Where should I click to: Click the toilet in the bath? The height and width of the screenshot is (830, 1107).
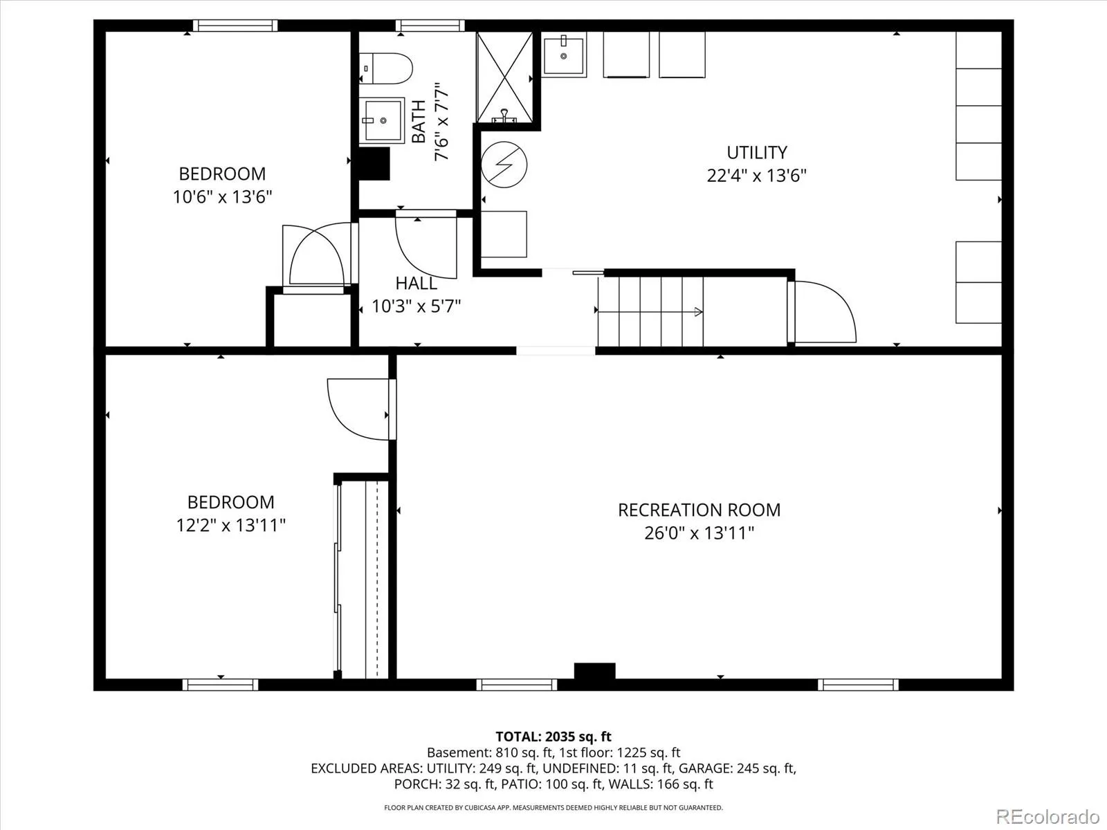click(x=386, y=68)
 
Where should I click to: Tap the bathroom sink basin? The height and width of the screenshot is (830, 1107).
click(x=382, y=120)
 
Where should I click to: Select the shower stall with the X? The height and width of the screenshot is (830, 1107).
click(x=504, y=77)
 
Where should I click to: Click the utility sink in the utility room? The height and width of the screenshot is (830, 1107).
click(x=564, y=55)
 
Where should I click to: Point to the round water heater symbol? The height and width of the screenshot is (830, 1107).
click(x=504, y=165)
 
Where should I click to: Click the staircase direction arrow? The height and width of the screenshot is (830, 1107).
click(x=650, y=312)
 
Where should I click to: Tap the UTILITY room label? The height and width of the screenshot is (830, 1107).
click(x=756, y=153)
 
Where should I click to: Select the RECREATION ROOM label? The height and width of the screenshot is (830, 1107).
click(x=699, y=510)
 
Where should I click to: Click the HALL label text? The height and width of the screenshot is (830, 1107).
click(x=416, y=283)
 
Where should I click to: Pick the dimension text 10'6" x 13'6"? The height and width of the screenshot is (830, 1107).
click(x=222, y=196)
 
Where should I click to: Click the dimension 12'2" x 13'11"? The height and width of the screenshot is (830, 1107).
click(x=230, y=525)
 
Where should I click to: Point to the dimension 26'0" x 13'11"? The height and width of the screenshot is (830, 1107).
click(x=699, y=533)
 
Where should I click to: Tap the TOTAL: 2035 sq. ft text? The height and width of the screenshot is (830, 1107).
click(x=553, y=737)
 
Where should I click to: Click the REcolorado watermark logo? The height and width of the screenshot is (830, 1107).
click(x=1047, y=816)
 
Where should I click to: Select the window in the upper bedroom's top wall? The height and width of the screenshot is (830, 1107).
click(x=235, y=26)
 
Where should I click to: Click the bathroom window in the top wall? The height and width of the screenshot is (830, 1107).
click(x=430, y=26)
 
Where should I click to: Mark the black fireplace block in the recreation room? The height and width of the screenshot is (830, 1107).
click(x=594, y=671)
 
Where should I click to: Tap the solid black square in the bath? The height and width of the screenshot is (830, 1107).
click(x=374, y=164)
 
